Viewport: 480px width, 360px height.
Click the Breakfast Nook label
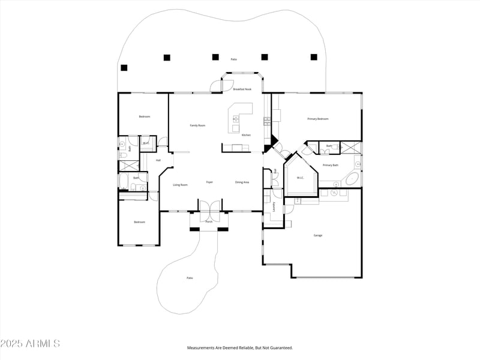click(242, 89)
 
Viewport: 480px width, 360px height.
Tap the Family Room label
click(197, 125)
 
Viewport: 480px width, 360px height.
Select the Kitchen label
click(247, 135)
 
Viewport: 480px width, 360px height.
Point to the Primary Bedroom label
click(318, 119)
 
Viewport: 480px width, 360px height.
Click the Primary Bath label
click(331, 165)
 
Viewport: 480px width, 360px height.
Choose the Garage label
click(318, 235)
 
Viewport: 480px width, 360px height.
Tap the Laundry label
click(274, 206)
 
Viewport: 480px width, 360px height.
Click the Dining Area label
click(242, 182)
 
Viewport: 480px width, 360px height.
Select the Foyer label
click(209, 182)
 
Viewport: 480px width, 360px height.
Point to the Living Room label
click(180, 185)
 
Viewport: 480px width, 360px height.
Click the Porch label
click(209, 221)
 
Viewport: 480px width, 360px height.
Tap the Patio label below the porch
click(190, 278)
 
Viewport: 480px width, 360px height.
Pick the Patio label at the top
click(233, 59)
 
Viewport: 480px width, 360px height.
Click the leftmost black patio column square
click(124, 67)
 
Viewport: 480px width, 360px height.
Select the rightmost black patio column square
click(313, 57)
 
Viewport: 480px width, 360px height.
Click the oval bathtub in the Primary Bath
click(352, 179)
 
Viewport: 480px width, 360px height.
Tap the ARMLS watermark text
click(30, 344)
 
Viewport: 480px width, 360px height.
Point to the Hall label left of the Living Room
click(158, 160)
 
